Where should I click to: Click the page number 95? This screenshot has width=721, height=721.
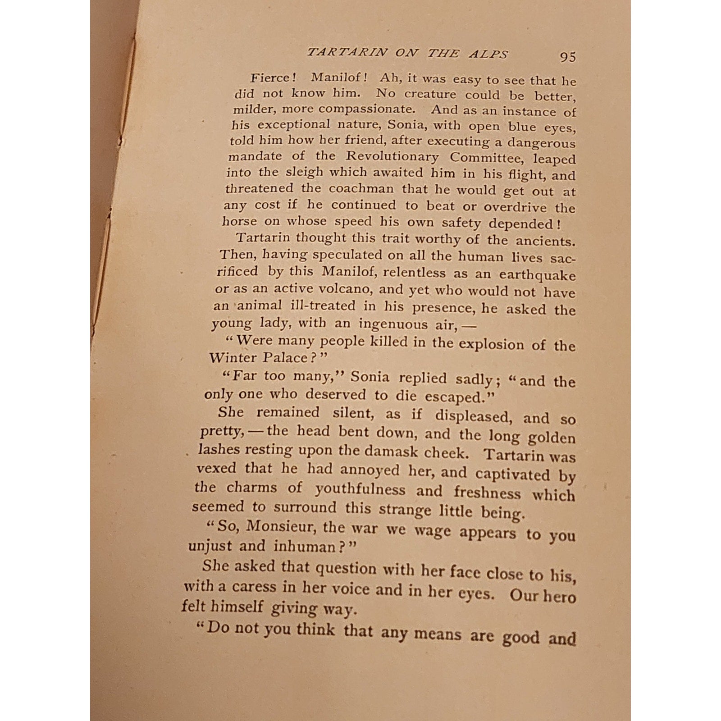coord(567,57)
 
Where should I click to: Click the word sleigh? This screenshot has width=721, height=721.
coord(303,172)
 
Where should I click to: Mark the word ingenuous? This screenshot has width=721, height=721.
coord(393,324)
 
